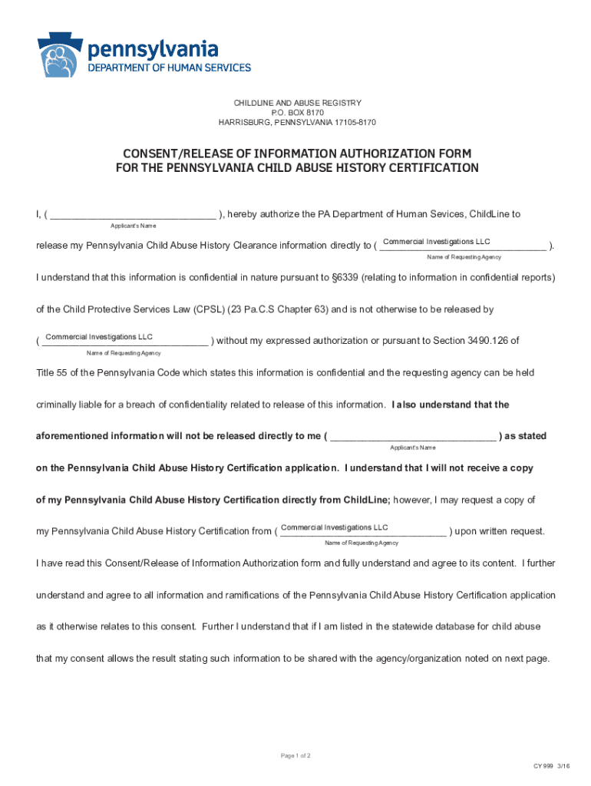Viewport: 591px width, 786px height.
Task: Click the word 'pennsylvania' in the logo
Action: pyautogui.click(x=154, y=50)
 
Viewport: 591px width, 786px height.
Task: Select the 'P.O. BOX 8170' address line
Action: pyautogui.click(x=297, y=113)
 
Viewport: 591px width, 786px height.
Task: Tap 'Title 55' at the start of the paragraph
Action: pyautogui.click(x=54, y=373)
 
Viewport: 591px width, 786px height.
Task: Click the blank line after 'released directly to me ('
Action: pyautogui.click(x=413, y=437)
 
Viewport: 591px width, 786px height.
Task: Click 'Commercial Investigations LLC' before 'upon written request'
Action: pyautogui.click(x=334, y=527)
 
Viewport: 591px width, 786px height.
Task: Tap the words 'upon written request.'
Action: pyautogui.click(x=500, y=531)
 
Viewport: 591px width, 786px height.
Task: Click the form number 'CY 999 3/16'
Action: pyautogui.click(x=552, y=766)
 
